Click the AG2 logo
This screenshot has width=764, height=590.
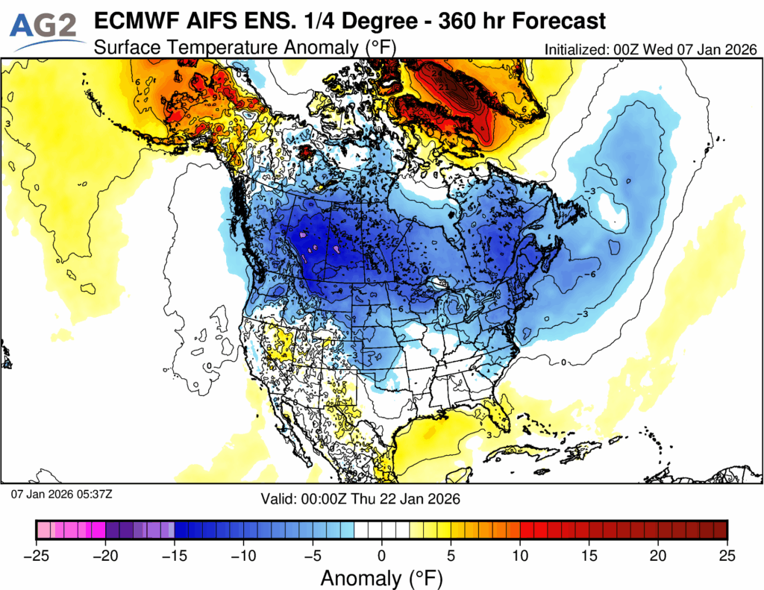tap(46, 28)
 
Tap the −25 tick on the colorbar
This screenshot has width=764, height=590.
tap(37, 556)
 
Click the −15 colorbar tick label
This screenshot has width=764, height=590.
tap(175, 556)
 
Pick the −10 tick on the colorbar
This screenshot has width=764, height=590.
tap(244, 556)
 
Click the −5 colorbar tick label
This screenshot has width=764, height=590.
tap(313, 556)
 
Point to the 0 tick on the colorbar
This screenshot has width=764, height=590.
tap(382, 556)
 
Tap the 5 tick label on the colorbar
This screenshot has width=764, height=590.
tap(451, 556)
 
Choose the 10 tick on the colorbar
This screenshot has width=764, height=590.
tap(520, 556)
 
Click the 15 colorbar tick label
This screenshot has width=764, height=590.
tap(589, 556)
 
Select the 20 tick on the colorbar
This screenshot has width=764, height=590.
tap(658, 556)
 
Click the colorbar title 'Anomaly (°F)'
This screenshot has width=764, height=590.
tap(381, 578)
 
